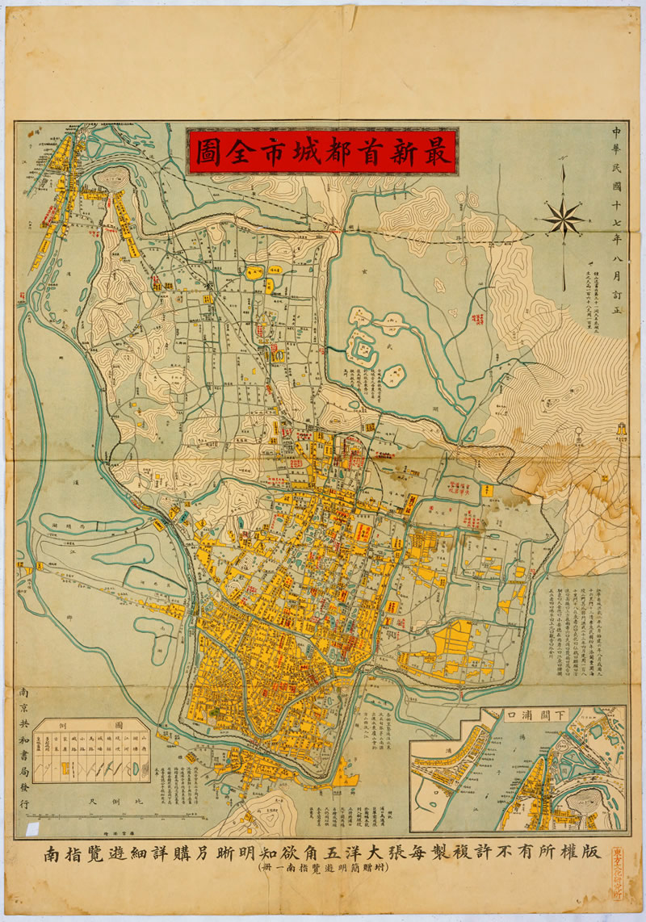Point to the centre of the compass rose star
click(x=563, y=216)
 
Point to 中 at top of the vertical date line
click(x=617, y=132)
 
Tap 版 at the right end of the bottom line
click(x=595, y=853)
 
